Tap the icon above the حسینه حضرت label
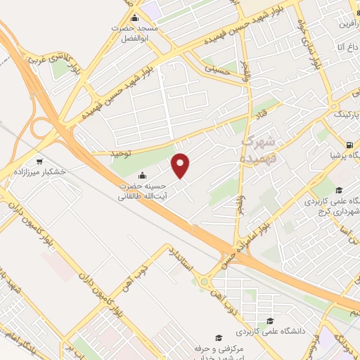[143, 175]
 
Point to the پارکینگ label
[345, 113]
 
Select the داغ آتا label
[345, 47]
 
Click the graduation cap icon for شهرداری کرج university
[338, 190]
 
